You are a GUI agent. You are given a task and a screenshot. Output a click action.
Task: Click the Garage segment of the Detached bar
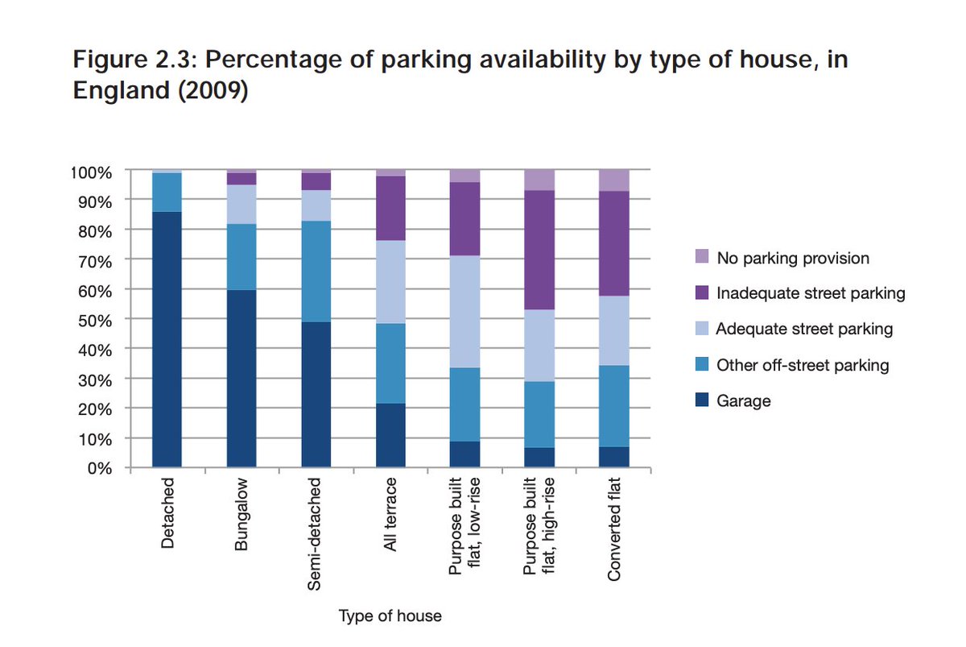click(167, 338)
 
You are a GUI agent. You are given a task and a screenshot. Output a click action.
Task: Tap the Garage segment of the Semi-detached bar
click(316, 394)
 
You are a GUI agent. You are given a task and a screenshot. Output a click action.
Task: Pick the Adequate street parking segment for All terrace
click(390, 281)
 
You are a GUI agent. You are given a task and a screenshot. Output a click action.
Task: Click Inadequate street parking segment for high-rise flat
click(539, 250)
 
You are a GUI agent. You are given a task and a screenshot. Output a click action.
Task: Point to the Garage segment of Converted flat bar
click(614, 457)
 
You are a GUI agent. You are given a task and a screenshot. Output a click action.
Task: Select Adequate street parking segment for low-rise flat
click(465, 311)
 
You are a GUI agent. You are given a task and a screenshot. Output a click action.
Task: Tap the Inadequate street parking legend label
click(811, 294)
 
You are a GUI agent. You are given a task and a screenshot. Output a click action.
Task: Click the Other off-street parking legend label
click(803, 365)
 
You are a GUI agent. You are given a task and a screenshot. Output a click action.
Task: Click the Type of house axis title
click(390, 616)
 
